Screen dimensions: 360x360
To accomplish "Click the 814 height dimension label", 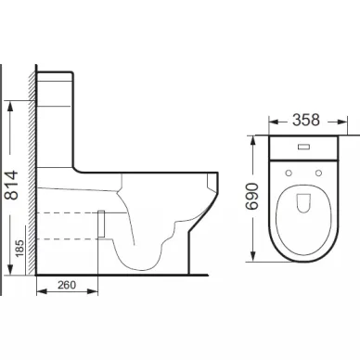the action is (x=12, y=185).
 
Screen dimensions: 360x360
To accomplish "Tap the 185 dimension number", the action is (x=19, y=248).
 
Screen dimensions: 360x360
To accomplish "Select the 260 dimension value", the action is (x=67, y=285).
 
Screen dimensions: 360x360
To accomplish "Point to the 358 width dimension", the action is (x=306, y=121).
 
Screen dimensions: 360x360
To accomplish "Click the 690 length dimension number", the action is (x=252, y=197).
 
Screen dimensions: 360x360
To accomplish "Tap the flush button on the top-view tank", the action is (x=304, y=148).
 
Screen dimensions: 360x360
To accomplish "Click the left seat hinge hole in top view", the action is (x=289, y=173).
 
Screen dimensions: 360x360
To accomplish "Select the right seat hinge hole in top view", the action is (x=318, y=173).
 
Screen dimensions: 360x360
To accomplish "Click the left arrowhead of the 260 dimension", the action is (x=42, y=291).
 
